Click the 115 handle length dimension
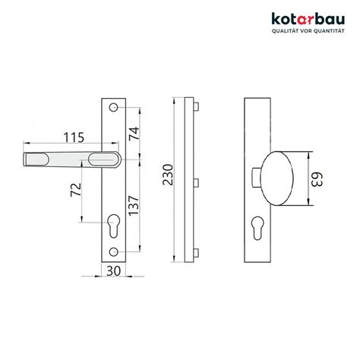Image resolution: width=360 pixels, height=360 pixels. coord(74,137)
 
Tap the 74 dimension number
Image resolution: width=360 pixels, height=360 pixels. coord(134,133)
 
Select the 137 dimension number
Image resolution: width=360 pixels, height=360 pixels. coord(134,205)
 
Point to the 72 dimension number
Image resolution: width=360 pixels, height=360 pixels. coord(76,190)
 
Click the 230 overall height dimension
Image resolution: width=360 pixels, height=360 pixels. coord(168,175)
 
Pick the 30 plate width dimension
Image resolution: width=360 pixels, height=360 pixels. coord(114,271)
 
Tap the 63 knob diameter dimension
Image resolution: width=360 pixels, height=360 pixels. coord(317,179)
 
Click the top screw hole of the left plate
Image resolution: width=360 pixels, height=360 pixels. coord(114,108)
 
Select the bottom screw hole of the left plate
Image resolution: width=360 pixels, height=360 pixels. coord(114,251)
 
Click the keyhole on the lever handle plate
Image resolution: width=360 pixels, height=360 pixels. coord(114,226)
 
